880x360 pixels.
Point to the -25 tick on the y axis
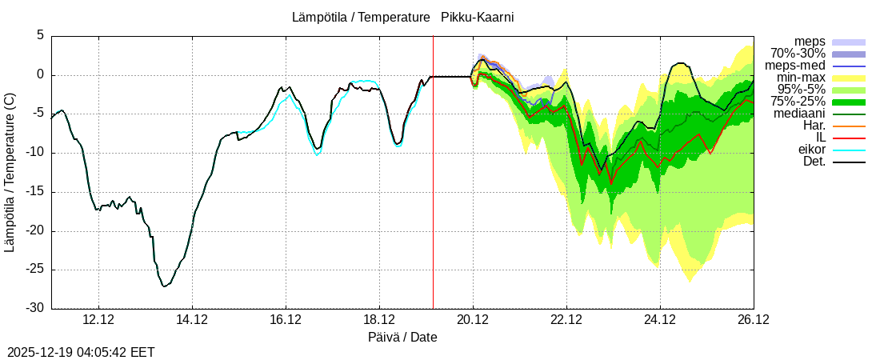[x=36, y=270]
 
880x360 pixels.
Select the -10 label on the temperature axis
[x=36, y=153]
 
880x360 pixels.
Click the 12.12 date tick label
[x=98, y=320]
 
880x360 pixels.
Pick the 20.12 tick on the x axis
[x=473, y=320]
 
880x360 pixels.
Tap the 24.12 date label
[x=660, y=320]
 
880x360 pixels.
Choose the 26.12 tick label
[x=753, y=320]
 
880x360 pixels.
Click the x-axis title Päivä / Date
[x=402, y=337]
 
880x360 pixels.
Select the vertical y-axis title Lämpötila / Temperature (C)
[x=10, y=172]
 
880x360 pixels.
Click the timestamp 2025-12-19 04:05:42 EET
[x=81, y=352]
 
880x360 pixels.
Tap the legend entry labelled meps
[x=810, y=42]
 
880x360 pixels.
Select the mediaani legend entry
[x=797, y=114]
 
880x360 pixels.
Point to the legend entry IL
[x=818, y=138]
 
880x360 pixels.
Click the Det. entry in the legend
[x=814, y=162]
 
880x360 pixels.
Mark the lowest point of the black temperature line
[x=163, y=286]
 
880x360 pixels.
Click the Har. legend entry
[x=814, y=126]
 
